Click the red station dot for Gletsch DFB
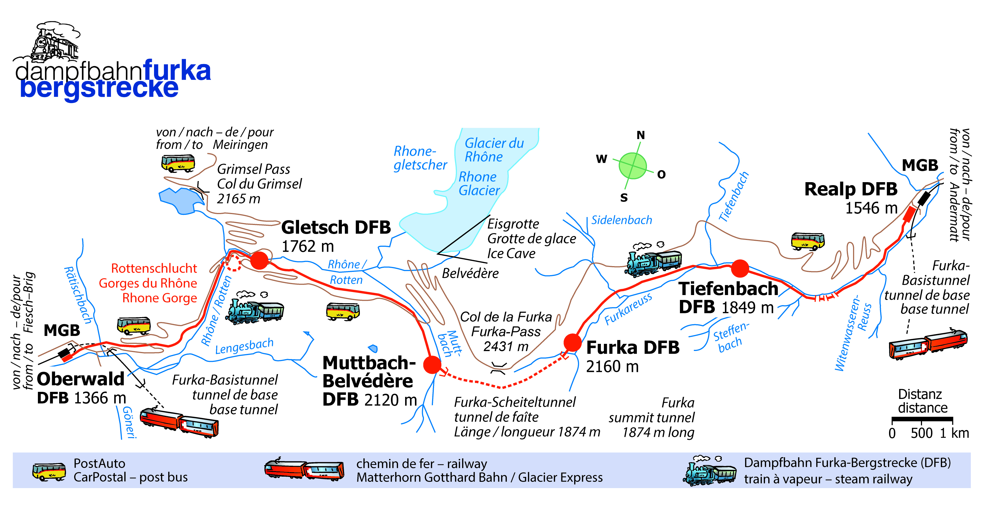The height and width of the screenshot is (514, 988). (260, 260)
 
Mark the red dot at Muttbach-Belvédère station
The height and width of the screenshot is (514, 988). (432, 364)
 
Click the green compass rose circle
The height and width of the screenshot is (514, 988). (632, 166)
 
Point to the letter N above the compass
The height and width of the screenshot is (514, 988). (640, 135)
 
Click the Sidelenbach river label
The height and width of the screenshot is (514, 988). (621, 220)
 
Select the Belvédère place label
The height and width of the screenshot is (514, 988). (470, 273)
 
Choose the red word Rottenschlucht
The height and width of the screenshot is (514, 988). (154, 268)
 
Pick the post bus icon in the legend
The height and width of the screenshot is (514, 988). (49, 471)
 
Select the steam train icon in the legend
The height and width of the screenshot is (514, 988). (710, 471)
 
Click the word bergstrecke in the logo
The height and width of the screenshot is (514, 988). (99, 89)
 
